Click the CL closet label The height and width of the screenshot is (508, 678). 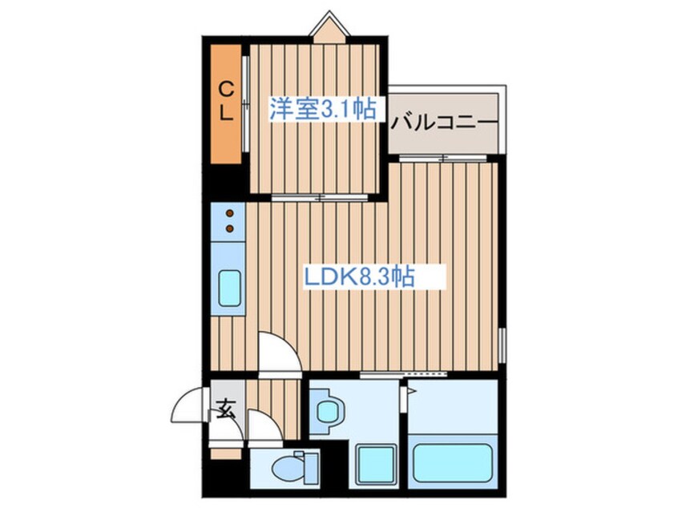point(227,99)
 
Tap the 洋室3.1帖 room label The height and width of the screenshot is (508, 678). point(322,109)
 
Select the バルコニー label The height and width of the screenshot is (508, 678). point(445,123)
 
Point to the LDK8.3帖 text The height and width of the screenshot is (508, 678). point(357,277)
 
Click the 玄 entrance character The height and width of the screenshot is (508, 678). point(225,413)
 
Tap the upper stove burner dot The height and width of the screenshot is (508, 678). point(230,214)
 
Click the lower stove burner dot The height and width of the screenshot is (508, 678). point(230,229)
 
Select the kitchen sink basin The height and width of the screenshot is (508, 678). point(230,287)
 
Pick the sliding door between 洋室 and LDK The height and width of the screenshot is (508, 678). point(318,197)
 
